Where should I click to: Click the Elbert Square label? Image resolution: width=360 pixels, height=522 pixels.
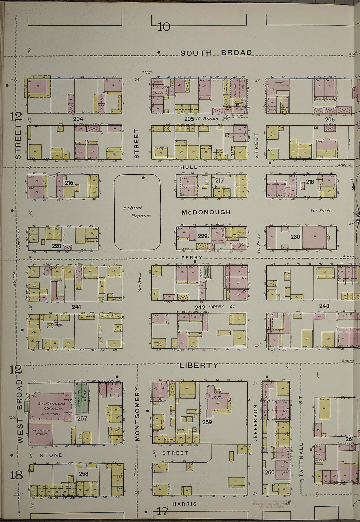pyautogui.click(x=137, y=212)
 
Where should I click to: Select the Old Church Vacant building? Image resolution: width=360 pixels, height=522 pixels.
pyautogui.click(x=40, y=434)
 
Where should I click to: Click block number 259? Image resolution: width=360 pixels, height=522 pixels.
pyautogui.click(x=207, y=422)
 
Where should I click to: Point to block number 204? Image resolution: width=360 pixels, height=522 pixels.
pyautogui.click(x=78, y=119)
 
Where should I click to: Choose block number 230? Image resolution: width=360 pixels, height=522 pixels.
pyautogui.click(x=295, y=236)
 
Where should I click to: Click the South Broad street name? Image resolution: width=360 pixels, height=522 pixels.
pyautogui.click(x=216, y=53)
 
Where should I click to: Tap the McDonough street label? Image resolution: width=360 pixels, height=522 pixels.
pyautogui.click(x=206, y=212)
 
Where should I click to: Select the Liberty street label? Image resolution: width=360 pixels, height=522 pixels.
pyautogui.click(x=198, y=365)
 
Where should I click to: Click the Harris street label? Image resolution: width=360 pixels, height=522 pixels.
pyautogui.click(x=185, y=504)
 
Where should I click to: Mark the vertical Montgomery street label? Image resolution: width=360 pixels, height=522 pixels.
pyautogui.click(x=137, y=414)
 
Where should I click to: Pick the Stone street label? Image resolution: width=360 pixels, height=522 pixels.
pyautogui.click(x=51, y=455)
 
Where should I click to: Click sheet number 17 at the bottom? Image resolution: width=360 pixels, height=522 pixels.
pyautogui.click(x=163, y=511)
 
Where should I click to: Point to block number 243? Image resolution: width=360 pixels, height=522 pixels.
pyautogui.click(x=324, y=306)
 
